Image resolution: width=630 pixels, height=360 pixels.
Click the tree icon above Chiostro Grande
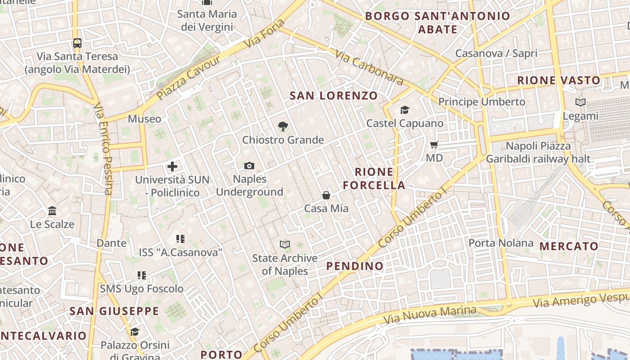point(283,126)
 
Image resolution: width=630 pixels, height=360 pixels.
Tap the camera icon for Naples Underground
point(249,166)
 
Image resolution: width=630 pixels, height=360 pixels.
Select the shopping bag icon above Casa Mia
point(326,195)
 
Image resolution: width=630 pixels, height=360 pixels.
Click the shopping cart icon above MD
point(434,145)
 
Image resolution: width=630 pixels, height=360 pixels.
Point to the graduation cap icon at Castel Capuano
point(405,110)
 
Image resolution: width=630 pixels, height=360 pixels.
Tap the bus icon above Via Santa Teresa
point(77,43)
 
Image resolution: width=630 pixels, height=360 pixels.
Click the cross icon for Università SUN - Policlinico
point(172,166)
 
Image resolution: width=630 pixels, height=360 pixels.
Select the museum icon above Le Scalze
point(52,211)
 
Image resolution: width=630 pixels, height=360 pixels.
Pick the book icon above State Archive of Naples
point(284,245)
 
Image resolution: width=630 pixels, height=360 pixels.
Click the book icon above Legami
point(580,103)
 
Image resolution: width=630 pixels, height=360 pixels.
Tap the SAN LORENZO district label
point(333,95)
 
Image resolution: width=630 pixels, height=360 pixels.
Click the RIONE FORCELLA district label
point(374,178)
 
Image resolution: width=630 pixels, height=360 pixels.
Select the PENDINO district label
point(355,266)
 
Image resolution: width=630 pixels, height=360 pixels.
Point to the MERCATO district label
point(569,246)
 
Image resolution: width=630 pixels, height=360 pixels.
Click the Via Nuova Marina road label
point(429,315)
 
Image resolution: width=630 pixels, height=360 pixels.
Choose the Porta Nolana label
point(501,243)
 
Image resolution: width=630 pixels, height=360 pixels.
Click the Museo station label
point(144,119)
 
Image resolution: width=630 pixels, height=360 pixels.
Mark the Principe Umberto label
point(481,102)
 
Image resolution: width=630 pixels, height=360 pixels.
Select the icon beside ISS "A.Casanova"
point(180,239)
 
